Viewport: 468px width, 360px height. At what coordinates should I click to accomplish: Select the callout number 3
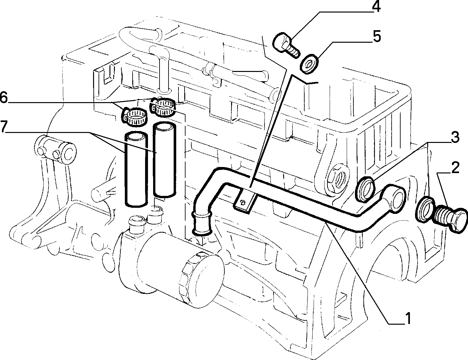tap(455, 138)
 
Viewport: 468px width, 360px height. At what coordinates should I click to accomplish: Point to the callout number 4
tap(376, 7)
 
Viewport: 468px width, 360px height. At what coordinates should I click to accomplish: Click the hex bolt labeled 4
tap(286, 46)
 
